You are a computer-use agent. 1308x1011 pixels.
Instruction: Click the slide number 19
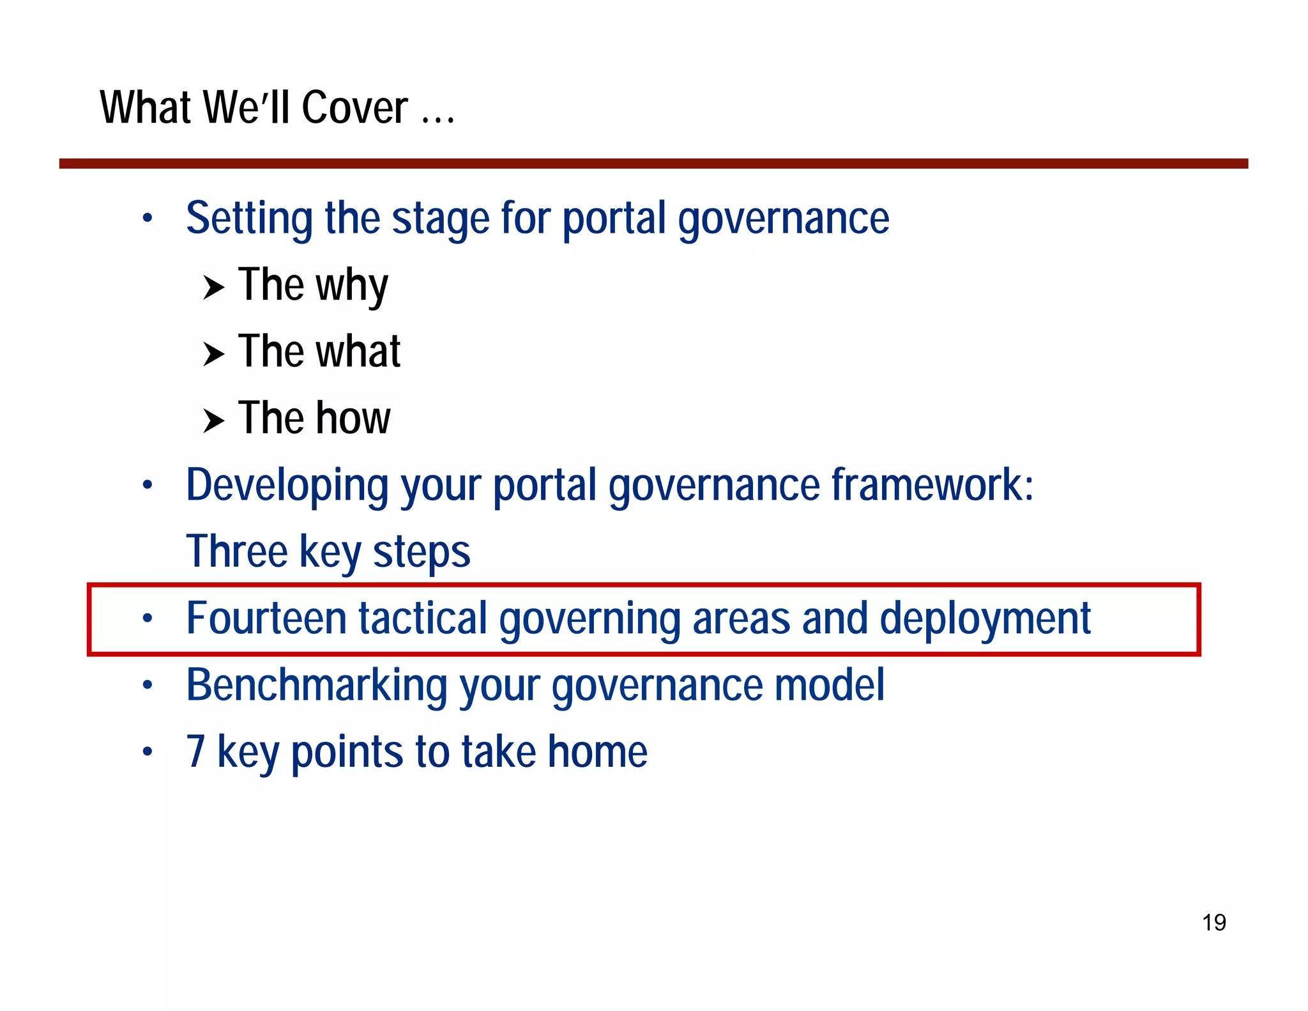(x=1213, y=922)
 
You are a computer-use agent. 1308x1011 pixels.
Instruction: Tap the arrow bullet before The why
(x=213, y=288)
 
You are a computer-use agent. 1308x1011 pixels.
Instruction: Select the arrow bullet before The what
(x=213, y=354)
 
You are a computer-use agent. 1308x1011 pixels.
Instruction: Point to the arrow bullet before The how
(x=213, y=421)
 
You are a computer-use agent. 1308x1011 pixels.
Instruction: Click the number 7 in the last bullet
(x=195, y=752)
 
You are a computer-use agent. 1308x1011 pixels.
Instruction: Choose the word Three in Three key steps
(x=237, y=552)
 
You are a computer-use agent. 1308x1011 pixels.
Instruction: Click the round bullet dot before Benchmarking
(x=148, y=685)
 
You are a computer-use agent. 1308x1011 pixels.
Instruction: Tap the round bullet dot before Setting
(x=148, y=219)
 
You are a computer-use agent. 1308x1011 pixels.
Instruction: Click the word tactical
(x=422, y=619)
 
